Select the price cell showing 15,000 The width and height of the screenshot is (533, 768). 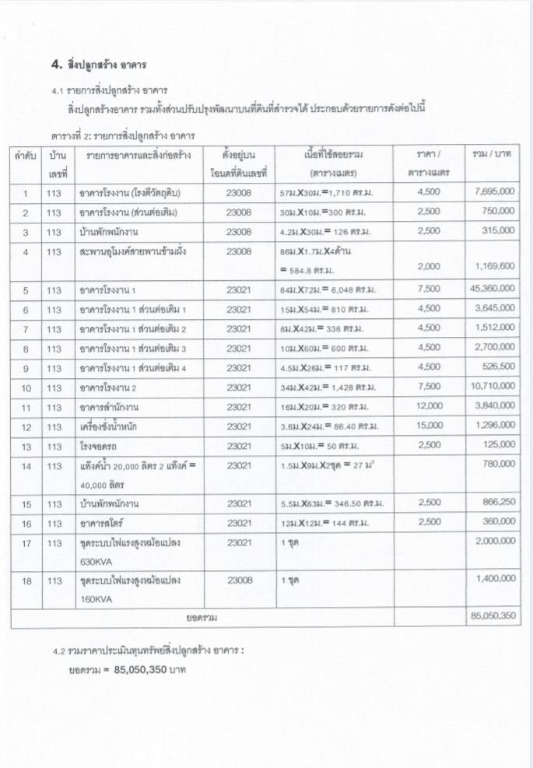(x=430, y=426)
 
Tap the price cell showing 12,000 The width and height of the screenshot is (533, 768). (x=430, y=406)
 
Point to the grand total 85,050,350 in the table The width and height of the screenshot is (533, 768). (x=491, y=616)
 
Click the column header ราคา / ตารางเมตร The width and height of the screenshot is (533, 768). (x=429, y=163)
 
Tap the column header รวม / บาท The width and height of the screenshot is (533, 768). (x=491, y=154)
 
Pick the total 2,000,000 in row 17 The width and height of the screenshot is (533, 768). (x=492, y=542)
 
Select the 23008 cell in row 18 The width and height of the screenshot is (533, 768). (x=239, y=580)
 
